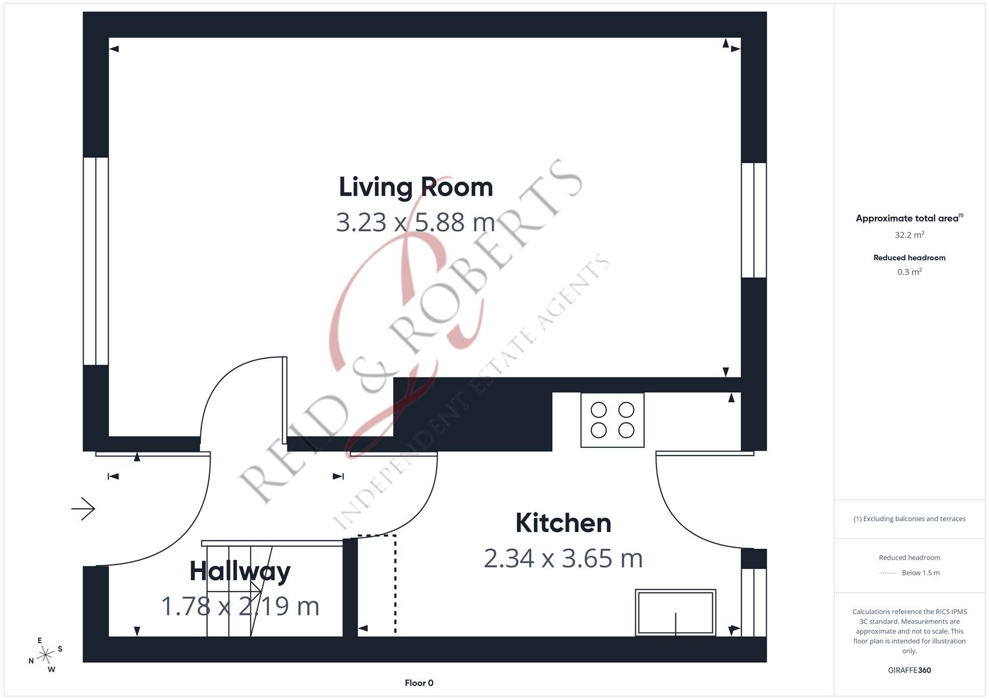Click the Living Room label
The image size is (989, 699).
[416, 187]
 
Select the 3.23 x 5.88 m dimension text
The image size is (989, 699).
[415, 222]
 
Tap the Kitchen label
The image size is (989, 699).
[563, 523]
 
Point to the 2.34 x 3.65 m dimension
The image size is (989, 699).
[563, 558]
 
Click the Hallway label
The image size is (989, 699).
[240, 571]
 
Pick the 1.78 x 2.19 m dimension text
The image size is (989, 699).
[240, 606]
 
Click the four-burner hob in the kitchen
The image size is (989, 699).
[612, 420]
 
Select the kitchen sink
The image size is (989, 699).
[675, 612]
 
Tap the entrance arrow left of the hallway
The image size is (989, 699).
[83, 509]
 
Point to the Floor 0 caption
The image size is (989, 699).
[419, 683]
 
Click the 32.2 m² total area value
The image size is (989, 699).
[909, 235]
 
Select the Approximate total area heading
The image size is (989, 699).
[909, 218]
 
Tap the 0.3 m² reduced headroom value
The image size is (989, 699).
[909, 272]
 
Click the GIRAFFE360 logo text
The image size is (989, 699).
[909, 670]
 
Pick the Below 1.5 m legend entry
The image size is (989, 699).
[920, 573]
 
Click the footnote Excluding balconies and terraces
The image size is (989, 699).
[909, 518]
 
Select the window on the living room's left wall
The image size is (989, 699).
[96, 261]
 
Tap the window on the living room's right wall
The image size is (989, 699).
[754, 220]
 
